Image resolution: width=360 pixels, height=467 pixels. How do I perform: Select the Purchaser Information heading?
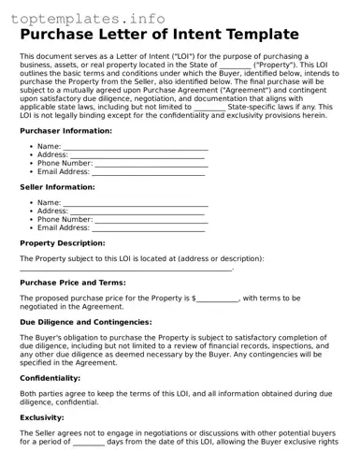tap(65, 131)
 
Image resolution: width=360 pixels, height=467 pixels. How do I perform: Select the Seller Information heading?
tap(57, 187)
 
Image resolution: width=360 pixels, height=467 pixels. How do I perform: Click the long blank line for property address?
tap(125, 270)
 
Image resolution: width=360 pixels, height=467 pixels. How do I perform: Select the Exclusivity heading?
tap(45, 417)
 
